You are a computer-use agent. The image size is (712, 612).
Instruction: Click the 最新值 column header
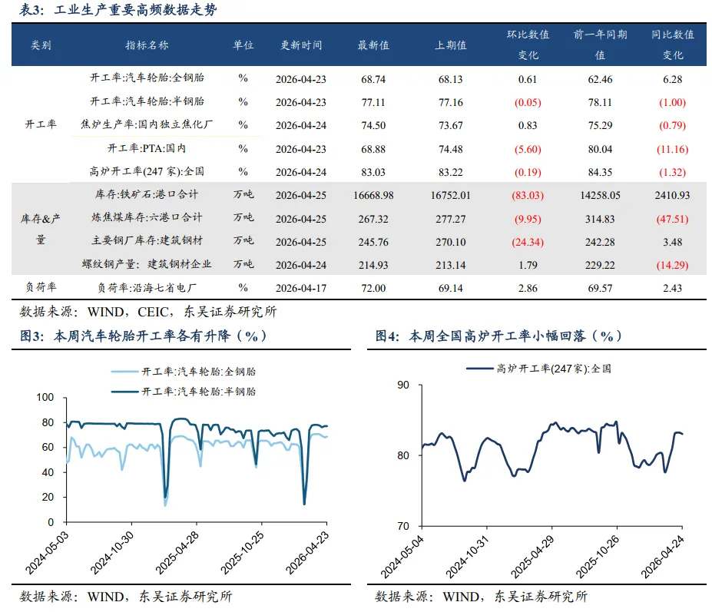click(x=373, y=45)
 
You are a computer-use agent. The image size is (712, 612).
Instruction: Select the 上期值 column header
click(x=450, y=45)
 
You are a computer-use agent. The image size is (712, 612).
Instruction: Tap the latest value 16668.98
click(x=373, y=195)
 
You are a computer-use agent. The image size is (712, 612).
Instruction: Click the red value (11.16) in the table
click(x=673, y=149)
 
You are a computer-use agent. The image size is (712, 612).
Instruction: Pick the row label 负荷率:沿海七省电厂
click(x=147, y=288)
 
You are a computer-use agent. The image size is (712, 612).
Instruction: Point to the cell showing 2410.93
click(x=673, y=195)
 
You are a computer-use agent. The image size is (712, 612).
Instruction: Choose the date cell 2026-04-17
click(x=301, y=288)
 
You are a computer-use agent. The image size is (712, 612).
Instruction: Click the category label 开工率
click(x=41, y=124)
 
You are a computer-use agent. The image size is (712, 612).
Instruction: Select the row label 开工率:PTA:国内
click(x=147, y=148)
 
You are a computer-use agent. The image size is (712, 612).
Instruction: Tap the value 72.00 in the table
click(x=373, y=288)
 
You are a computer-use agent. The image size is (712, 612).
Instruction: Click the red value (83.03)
click(x=528, y=195)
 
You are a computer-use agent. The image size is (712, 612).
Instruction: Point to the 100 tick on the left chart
click(x=45, y=397)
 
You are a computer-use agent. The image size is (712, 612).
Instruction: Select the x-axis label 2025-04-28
click(x=178, y=552)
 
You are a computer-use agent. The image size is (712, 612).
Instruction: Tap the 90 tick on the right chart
click(x=403, y=385)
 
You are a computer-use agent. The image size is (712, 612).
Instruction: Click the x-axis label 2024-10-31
click(x=468, y=557)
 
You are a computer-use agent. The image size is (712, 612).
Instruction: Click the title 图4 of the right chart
click(x=387, y=336)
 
